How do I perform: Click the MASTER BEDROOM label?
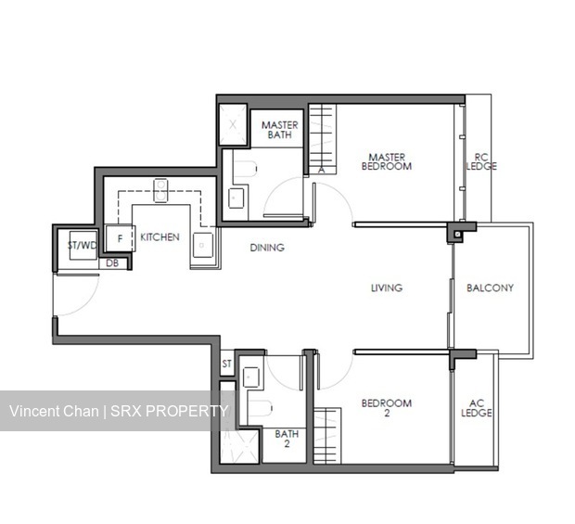tap(387, 161)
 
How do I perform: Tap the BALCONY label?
tap(490, 288)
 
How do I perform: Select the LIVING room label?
tap(387, 288)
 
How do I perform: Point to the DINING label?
tap(267, 248)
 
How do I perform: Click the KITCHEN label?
tap(160, 237)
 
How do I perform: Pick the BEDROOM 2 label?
tap(387, 408)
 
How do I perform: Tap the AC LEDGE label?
tap(477, 408)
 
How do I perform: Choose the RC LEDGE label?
tap(481, 161)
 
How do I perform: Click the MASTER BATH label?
tap(279, 130)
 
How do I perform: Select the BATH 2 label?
tap(287, 439)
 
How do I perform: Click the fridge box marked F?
tap(120, 238)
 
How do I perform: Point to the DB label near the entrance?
tap(112, 263)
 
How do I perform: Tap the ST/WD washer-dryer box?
tap(83, 246)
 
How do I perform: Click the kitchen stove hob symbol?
tap(160, 190)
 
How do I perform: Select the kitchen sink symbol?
tap(203, 245)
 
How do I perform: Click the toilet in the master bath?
tap(244, 169)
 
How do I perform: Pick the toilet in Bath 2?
tap(260, 408)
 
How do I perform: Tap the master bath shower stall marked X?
tap(233, 124)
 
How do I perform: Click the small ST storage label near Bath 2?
tap(226, 364)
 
